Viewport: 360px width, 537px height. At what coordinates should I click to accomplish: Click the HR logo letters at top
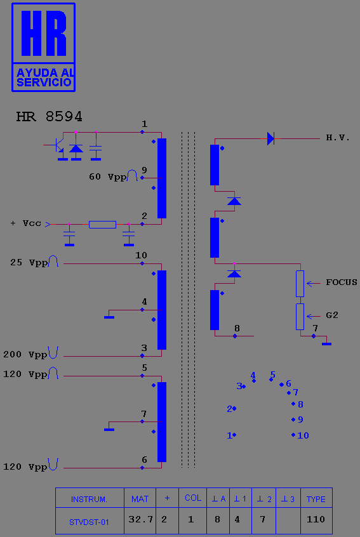pyautogui.click(x=44, y=33)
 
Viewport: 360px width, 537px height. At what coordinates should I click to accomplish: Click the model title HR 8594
pyautogui.click(x=50, y=117)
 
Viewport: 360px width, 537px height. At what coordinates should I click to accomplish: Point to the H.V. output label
pyautogui.click(x=338, y=138)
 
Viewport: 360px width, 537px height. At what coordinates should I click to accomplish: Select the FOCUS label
pyautogui.click(x=341, y=282)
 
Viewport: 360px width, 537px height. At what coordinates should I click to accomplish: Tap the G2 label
pyautogui.click(x=332, y=315)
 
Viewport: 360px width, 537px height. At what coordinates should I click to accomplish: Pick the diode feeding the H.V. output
pyautogui.click(x=270, y=139)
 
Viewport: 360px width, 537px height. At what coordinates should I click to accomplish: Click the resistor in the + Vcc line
pyautogui.click(x=102, y=225)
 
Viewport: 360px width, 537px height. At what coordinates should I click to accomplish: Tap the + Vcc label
pyautogui.click(x=25, y=223)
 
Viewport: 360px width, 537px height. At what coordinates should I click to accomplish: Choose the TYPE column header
pyautogui.click(x=316, y=498)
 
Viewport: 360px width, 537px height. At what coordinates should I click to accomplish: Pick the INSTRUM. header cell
pyautogui.click(x=90, y=498)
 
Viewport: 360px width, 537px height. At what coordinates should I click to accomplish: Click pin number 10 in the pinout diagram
pyautogui.click(x=303, y=435)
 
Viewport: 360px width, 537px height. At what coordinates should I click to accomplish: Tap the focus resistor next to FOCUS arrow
pyautogui.click(x=300, y=284)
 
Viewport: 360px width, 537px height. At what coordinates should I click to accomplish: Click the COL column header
pyautogui.click(x=193, y=498)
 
